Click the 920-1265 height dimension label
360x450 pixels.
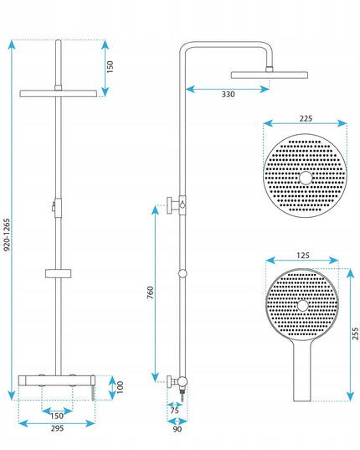click(x=7, y=235)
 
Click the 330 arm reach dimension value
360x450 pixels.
click(x=229, y=94)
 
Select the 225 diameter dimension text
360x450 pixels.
click(x=306, y=118)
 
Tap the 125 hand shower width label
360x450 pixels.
click(x=303, y=256)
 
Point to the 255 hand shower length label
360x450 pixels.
click(x=355, y=334)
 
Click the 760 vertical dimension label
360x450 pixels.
click(x=151, y=292)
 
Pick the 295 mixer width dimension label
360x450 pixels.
click(x=57, y=428)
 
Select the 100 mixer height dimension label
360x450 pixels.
click(x=120, y=387)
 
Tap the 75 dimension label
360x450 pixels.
click(x=174, y=411)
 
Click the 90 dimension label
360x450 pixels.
click(x=177, y=429)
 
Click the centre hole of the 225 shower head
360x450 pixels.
click(x=306, y=178)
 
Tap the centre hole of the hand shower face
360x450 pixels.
click(x=303, y=306)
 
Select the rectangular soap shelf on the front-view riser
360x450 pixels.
click(x=58, y=273)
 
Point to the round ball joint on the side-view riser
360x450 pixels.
click(x=183, y=273)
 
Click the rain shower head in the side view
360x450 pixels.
click(x=270, y=75)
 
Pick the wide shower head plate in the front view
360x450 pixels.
click(x=59, y=94)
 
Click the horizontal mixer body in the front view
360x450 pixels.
click(x=56, y=380)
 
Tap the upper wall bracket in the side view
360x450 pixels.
click(x=177, y=205)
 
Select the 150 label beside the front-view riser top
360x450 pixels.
click(x=110, y=66)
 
